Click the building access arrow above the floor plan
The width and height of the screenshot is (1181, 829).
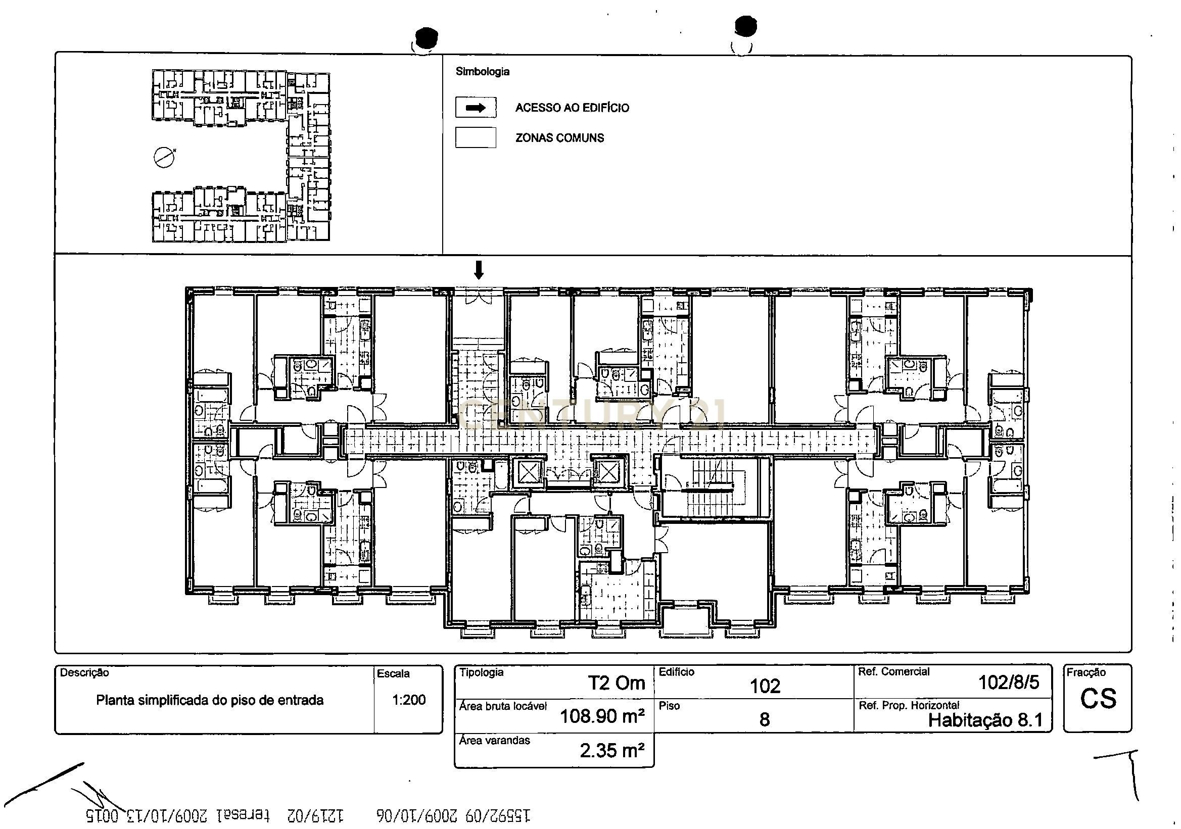click(479, 270)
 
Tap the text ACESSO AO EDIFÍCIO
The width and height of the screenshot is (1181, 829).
click(572, 108)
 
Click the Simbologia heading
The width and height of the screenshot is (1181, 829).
click(482, 72)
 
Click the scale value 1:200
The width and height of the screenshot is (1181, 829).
click(408, 700)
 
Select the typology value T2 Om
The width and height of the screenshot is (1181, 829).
click(616, 683)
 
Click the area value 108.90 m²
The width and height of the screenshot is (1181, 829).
click(602, 716)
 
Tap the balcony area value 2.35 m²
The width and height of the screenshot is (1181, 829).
click(612, 751)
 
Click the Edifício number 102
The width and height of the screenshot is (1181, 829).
click(765, 686)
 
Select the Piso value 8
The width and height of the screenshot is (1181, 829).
click(765, 719)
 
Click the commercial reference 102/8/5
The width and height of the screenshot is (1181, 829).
click(1008, 682)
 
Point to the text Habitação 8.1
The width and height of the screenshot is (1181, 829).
click(985, 720)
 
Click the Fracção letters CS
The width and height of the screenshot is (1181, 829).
click(1098, 699)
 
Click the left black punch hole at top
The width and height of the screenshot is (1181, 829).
click(427, 37)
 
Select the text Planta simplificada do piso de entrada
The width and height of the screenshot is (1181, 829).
click(209, 700)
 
